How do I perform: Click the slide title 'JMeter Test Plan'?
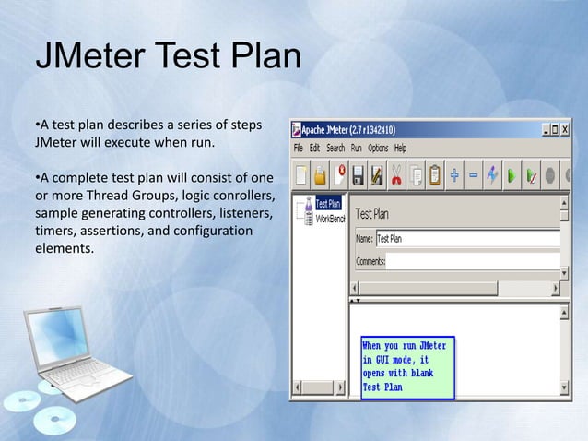click(168, 57)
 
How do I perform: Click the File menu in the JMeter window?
click(299, 148)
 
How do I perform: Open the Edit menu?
click(314, 148)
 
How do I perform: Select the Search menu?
click(335, 148)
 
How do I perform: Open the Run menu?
click(356, 148)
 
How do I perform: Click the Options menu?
click(378, 148)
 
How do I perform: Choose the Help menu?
click(400, 148)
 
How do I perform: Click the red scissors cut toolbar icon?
click(396, 173)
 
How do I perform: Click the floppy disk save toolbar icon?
click(376, 173)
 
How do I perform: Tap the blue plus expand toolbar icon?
click(454, 173)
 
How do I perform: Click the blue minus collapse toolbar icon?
click(473, 173)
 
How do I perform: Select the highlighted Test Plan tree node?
click(328, 203)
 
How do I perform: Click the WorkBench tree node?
click(330, 219)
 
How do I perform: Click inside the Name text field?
click(465, 239)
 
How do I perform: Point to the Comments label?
click(370, 261)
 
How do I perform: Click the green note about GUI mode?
click(406, 366)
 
